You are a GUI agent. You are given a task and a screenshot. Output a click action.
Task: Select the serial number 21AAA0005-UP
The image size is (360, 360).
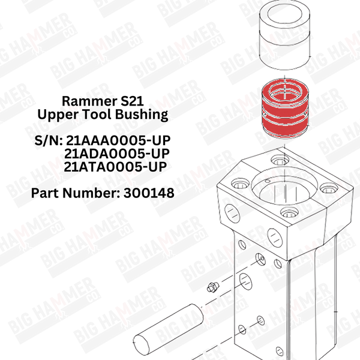click(x=118, y=140)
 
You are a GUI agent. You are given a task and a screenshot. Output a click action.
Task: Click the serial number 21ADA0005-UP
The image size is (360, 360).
click(x=117, y=154)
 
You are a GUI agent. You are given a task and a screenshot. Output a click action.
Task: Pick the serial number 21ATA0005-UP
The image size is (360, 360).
click(x=115, y=167)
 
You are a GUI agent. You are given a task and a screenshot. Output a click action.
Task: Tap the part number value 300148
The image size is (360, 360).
click(x=149, y=193)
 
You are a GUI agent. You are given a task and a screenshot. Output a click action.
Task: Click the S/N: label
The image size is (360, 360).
click(x=49, y=140)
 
